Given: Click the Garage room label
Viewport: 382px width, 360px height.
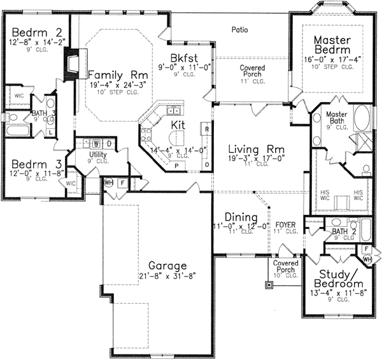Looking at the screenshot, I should coord(168,266).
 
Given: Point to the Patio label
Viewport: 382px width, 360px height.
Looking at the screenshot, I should coord(239,30).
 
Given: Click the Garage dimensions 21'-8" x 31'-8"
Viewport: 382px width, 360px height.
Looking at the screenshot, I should coord(168,278).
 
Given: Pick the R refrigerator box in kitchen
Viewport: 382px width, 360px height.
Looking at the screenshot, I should coord(207,129).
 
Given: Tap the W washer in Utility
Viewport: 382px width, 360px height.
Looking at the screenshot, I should coord(97,143).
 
